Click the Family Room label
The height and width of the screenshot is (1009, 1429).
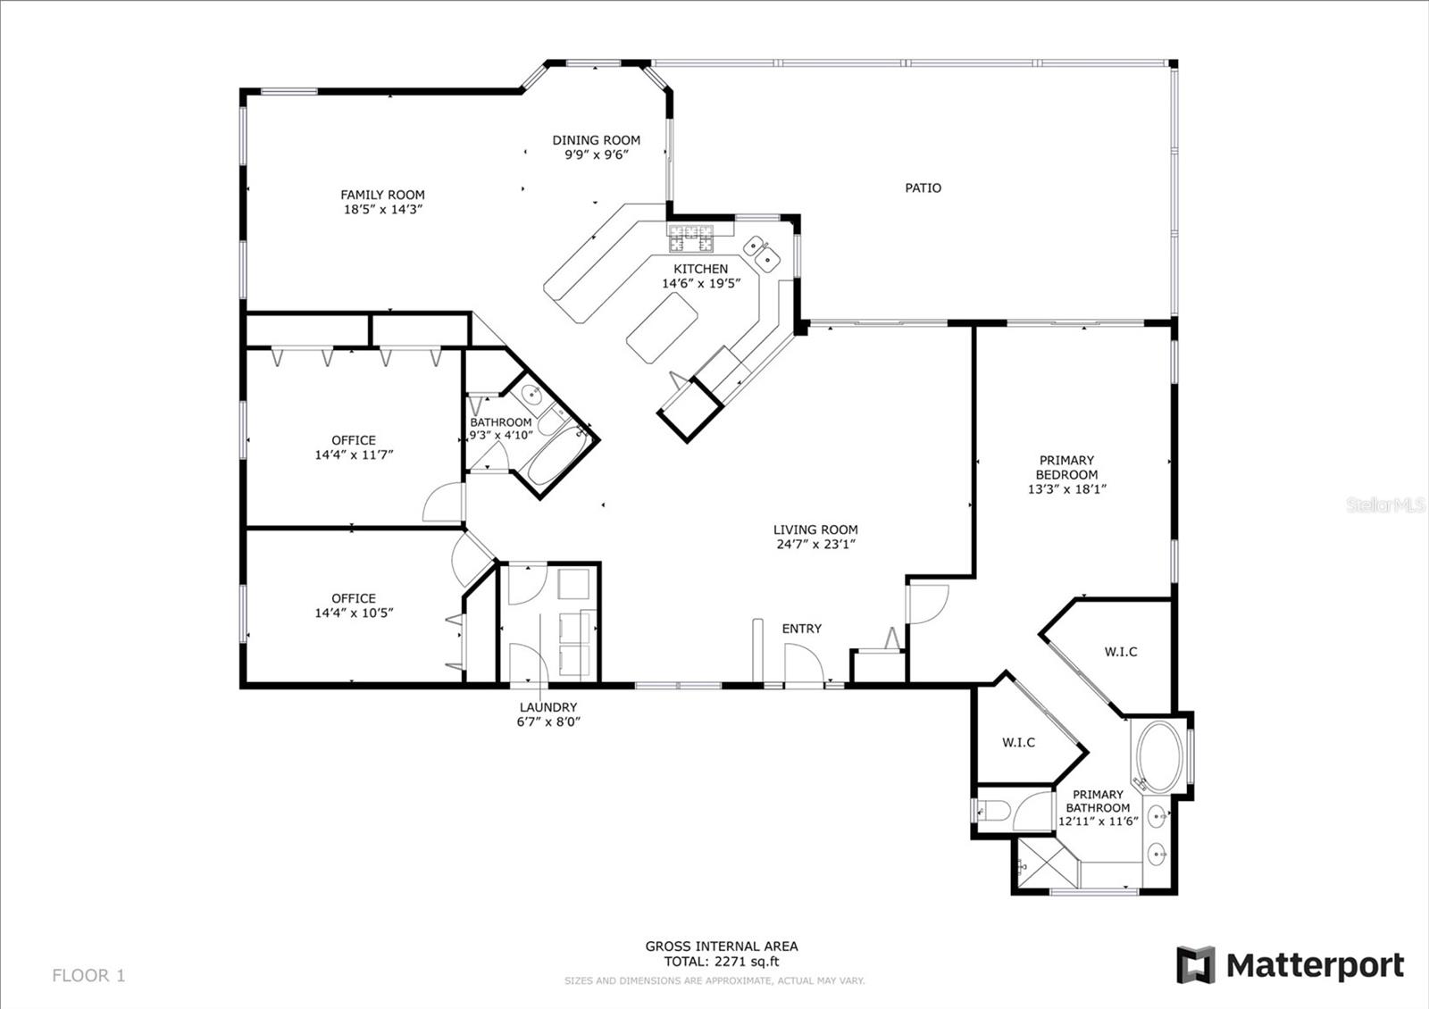(382, 195)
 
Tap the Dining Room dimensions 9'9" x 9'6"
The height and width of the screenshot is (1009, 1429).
(597, 155)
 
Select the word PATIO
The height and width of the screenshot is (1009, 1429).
(923, 188)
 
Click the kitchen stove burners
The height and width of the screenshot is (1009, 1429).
(690, 238)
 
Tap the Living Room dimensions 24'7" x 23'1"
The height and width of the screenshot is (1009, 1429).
(816, 544)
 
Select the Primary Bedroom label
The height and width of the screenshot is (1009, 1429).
(1066, 467)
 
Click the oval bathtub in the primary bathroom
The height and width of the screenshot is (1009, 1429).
(1160, 756)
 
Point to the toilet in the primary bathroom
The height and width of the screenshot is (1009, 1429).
(993, 811)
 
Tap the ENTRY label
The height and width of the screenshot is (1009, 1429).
(802, 629)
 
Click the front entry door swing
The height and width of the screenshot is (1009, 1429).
(804, 663)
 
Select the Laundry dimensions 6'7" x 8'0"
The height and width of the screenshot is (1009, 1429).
(548, 721)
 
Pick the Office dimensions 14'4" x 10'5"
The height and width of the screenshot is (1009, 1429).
(354, 613)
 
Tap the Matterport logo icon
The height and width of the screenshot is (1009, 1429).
(1196, 964)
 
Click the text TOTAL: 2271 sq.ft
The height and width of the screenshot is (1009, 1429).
(722, 962)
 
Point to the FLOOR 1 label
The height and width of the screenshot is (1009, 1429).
(88, 975)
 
